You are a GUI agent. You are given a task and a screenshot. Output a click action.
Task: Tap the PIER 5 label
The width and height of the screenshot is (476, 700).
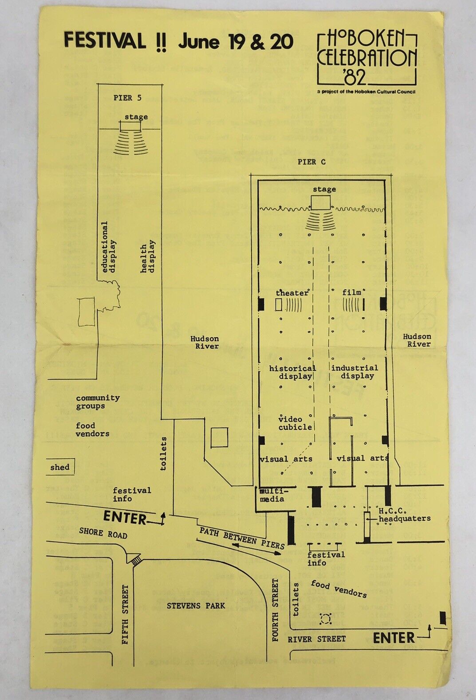point(127,98)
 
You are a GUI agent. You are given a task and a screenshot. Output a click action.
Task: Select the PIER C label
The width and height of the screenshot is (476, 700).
point(311,162)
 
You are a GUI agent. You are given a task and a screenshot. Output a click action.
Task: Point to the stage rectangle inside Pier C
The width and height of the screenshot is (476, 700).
point(320,203)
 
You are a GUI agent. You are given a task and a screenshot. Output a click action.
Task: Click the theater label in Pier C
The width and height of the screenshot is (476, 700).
point(292,293)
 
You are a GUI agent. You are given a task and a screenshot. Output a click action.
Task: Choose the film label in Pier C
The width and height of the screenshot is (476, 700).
point(352,292)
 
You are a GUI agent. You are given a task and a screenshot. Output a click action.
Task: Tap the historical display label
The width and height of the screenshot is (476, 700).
point(293,372)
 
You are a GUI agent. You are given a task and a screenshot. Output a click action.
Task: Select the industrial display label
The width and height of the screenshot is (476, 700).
point(355,372)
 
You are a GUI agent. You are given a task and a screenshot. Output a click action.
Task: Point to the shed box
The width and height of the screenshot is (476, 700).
point(60,467)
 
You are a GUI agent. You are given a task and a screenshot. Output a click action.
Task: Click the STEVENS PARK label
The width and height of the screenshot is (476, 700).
point(196,606)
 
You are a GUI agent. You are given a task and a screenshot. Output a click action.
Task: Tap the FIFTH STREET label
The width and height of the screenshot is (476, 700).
point(125,614)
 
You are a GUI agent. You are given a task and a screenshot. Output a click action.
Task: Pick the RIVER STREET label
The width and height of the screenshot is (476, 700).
point(316,639)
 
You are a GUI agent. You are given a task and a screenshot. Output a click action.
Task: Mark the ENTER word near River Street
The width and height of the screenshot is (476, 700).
point(393,638)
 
